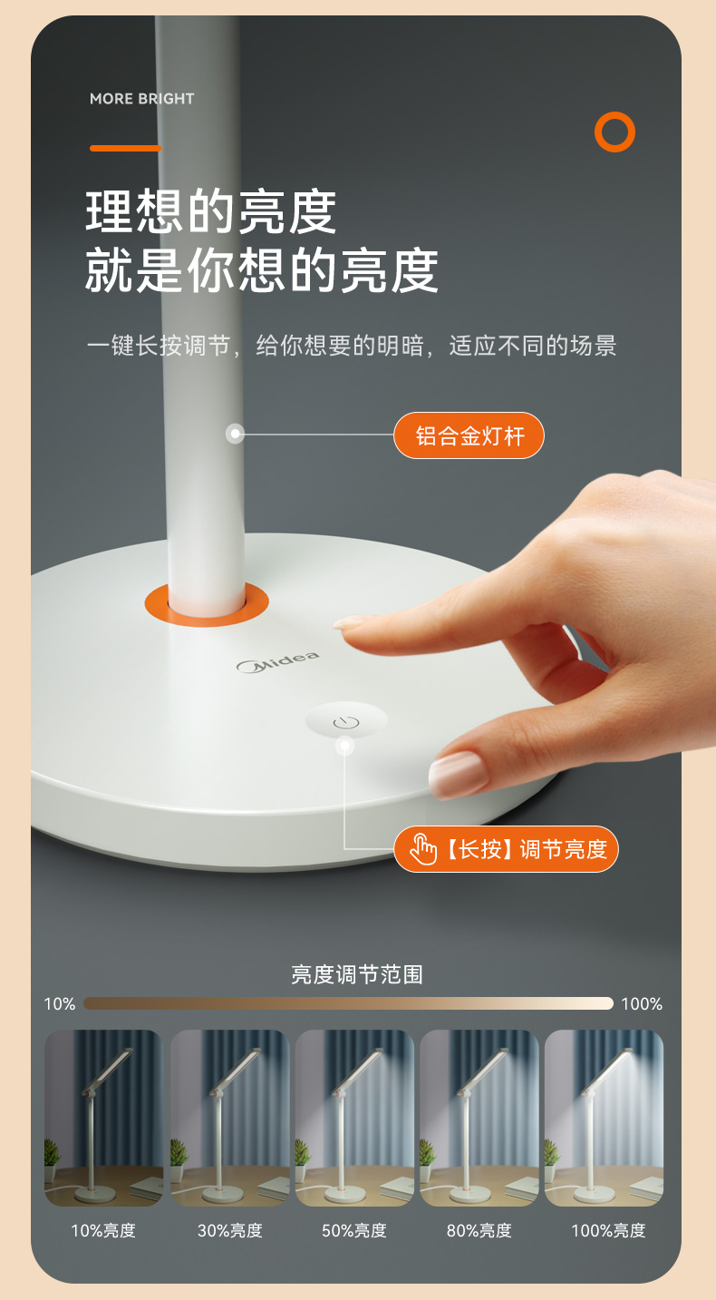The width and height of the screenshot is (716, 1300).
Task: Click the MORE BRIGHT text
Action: click(142, 99)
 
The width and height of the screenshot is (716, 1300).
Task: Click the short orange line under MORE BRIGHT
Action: click(125, 148)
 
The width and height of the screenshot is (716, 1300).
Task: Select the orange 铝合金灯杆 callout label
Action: click(469, 435)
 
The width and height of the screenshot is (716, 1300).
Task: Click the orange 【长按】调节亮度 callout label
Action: click(506, 849)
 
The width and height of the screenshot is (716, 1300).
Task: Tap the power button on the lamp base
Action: click(346, 721)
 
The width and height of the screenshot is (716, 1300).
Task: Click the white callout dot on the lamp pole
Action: click(235, 434)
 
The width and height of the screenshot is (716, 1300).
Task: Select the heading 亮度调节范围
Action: click(356, 974)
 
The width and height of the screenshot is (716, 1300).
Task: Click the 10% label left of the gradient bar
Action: click(60, 1004)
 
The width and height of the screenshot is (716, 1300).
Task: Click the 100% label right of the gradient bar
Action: click(642, 1004)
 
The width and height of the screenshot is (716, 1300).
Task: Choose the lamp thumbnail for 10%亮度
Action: click(104, 1118)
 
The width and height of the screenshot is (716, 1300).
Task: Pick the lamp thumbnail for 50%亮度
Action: click(354, 1118)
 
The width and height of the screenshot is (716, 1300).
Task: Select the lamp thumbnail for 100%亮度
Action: click(604, 1118)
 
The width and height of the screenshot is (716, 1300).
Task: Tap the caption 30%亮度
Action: click(229, 1230)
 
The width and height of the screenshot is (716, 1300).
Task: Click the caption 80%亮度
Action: click(479, 1230)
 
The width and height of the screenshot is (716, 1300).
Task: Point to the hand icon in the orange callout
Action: click(422, 850)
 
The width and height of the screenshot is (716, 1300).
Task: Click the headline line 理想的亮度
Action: click(211, 211)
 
